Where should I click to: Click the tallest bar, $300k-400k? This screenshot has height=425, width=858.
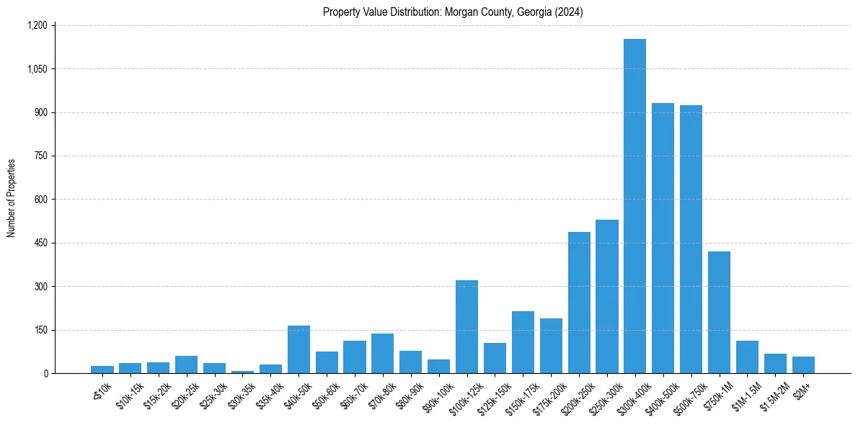click(634, 206)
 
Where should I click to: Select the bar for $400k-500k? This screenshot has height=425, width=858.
click(663, 238)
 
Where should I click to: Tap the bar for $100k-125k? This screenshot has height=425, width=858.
click(466, 326)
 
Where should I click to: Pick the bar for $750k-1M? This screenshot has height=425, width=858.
click(719, 312)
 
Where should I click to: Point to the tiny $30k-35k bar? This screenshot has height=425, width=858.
click(242, 372)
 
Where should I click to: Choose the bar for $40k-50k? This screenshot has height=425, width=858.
click(298, 349)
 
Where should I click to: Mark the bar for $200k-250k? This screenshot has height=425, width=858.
click(579, 303)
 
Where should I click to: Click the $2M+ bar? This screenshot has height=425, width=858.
click(803, 364)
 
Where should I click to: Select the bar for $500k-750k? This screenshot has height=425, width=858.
click(691, 239)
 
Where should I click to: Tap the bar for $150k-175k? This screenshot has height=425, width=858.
click(523, 342)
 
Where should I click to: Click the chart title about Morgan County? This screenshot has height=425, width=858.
click(454, 12)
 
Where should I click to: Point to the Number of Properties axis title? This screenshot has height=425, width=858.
click(12, 199)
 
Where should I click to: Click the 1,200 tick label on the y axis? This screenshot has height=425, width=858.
click(37, 25)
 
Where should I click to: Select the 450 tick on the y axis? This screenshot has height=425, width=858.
click(40, 243)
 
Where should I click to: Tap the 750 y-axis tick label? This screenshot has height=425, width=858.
click(40, 156)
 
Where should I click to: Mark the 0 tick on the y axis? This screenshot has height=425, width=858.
click(45, 373)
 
